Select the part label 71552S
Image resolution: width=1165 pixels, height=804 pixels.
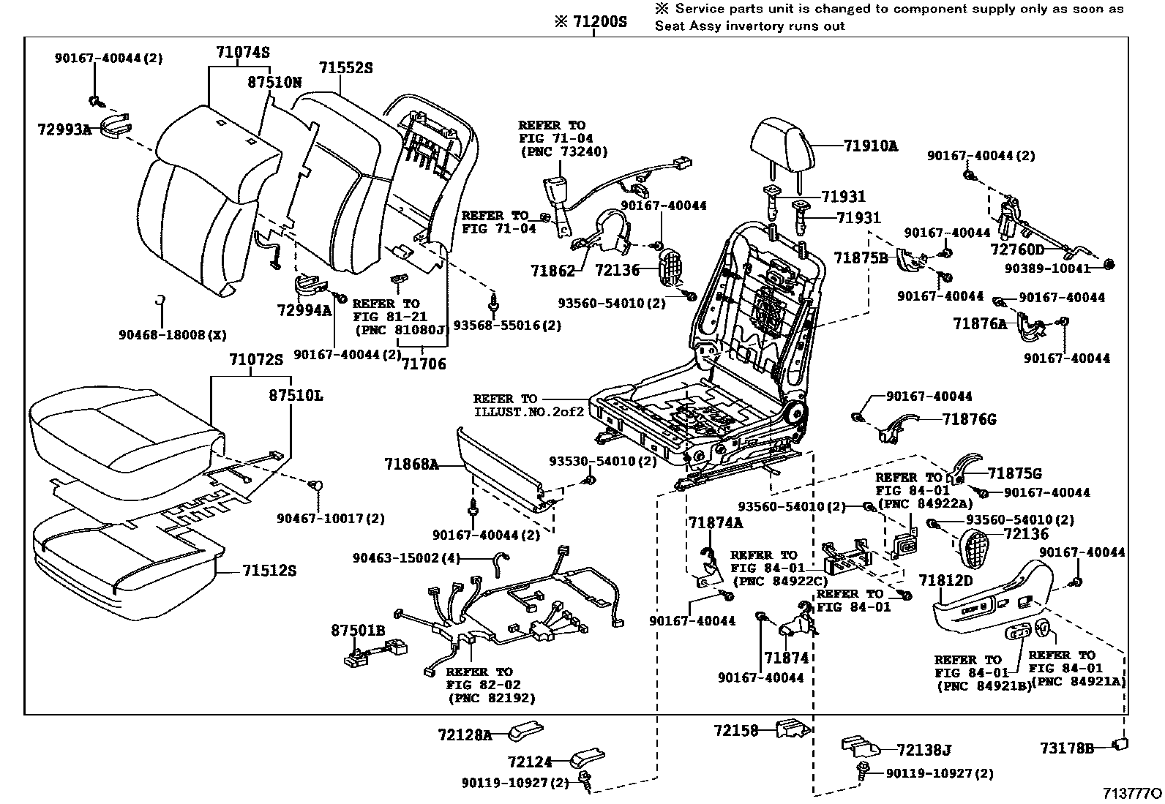pyautogui.click(x=345, y=68)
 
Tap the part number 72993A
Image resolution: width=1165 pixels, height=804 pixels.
pyautogui.click(x=64, y=130)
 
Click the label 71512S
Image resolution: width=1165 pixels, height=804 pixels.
pyautogui.click(x=269, y=570)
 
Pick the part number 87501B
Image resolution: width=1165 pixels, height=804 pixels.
pyautogui.click(x=358, y=630)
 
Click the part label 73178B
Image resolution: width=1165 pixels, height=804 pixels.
pyautogui.click(x=1067, y=748)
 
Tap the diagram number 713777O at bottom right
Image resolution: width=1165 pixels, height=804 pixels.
pyautogui.click(x=1133, y=794)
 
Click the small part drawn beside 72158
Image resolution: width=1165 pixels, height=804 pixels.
pyautogui.click(x=793, y=729)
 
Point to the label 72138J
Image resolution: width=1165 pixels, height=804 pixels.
pyautogui.click(x=924, y=750)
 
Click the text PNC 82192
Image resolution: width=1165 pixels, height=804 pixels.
pyautogui.click(x=491, y=698)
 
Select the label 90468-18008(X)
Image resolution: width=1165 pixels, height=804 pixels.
pyautogui.click(x=173, y=335)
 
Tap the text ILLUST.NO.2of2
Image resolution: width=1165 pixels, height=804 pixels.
pyautogui.click(x=529, y=412)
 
